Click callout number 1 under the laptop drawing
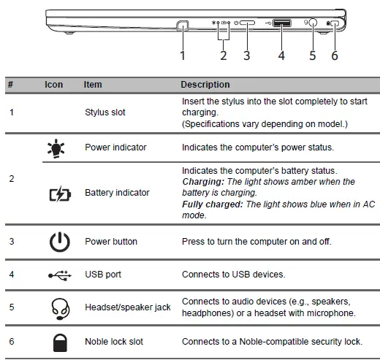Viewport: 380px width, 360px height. [x=183, y=55]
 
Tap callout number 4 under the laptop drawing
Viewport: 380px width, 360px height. [x=281, y=55]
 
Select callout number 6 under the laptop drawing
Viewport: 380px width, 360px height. [x=335, y=55]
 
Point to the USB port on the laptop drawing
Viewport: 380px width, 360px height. [x=281, y=23]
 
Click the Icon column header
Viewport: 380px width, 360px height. [x=54, y=85]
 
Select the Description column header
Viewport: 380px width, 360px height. [x=205, y=85]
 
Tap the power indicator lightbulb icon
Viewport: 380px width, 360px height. [x=54, y=148]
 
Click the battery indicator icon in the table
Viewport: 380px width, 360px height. [x=54, y=193]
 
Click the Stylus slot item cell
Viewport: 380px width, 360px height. [x=105, y=112]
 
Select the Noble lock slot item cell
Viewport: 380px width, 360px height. [x=114, y=342]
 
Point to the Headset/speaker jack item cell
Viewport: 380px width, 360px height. [x=128, y=307]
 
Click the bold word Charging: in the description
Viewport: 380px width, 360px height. [x=202, y=182]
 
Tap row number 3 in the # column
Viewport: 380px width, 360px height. [x=11, y=242]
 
